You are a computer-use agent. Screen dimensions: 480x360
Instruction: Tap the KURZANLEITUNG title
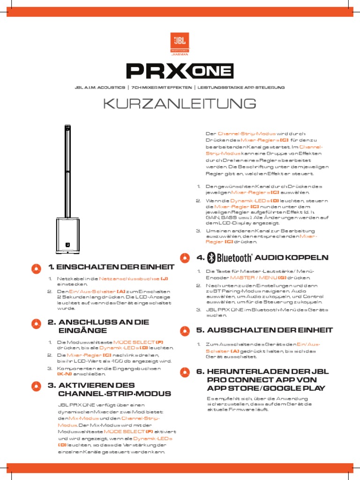[180, 104]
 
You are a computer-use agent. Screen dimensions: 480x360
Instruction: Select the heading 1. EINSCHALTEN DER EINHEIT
[111, 267]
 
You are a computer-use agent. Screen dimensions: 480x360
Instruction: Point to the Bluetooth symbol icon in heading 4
[211, 257]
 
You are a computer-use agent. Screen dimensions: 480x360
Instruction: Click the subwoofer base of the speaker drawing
[68, 236]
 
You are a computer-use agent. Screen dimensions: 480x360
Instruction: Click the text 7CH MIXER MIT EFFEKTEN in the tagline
[161, 88]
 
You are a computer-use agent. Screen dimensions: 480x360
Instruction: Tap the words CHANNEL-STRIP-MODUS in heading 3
[114, 394]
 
